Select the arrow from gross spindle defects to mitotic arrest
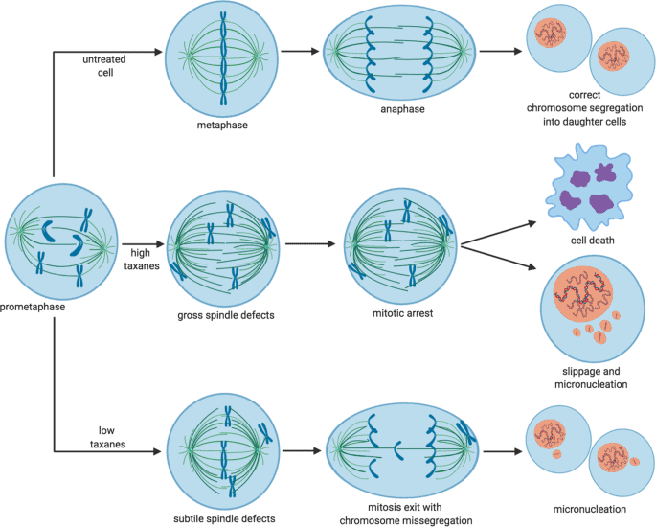click(312, 244)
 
